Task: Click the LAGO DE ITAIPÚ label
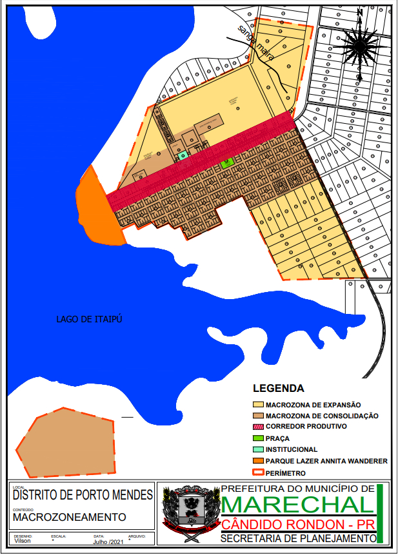coord(88,318)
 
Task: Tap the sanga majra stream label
coord(257,43)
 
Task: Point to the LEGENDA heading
coord(279,389)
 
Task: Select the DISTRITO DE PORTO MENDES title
coord(83,496)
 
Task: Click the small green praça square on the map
coord(226,164)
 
